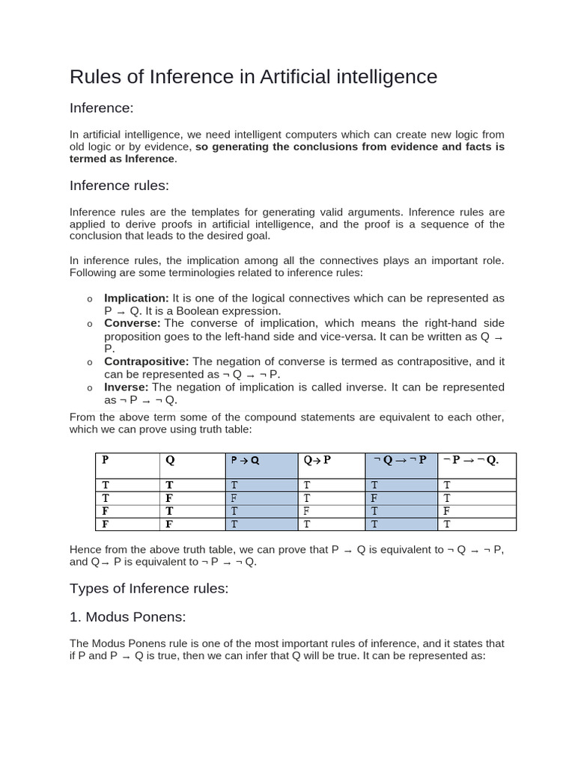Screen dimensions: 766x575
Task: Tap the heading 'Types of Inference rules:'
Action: pyautogui.click(x=148, y=589)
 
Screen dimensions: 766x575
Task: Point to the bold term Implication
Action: pyautogui.click(x=136, y=298)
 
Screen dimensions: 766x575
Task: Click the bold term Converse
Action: pyautogui.click(x=132, y=322)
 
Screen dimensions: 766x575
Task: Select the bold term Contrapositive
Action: pyautogui.click(x=146, y=361)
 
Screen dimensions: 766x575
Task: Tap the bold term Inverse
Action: pyautogui.click(x=126, y=387)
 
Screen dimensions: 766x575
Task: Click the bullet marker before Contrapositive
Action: pyautogui.click(x=89, y=362)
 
